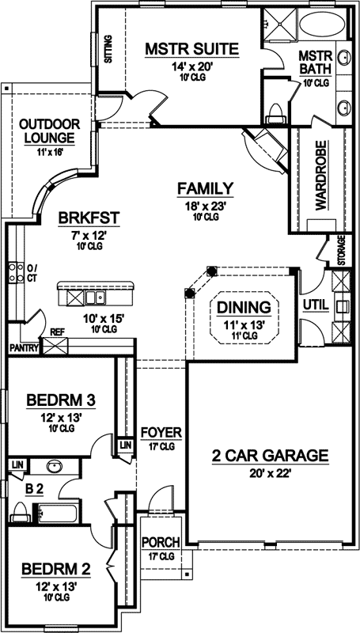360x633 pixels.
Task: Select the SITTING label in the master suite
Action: (108, 51)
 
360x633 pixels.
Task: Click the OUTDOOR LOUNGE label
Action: (49, 131)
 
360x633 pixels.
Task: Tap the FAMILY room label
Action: (204, 188)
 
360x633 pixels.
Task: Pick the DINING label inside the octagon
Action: (244, 307)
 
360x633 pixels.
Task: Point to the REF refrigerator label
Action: (57, 333)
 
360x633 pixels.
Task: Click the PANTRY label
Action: (25, 347)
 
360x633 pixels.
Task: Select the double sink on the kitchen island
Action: (95, 298)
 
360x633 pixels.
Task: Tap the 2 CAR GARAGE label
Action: (270, 456)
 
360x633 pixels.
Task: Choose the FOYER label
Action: (161, 434)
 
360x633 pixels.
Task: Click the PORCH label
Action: (161, 542)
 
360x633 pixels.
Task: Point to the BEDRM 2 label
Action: (55, 568)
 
